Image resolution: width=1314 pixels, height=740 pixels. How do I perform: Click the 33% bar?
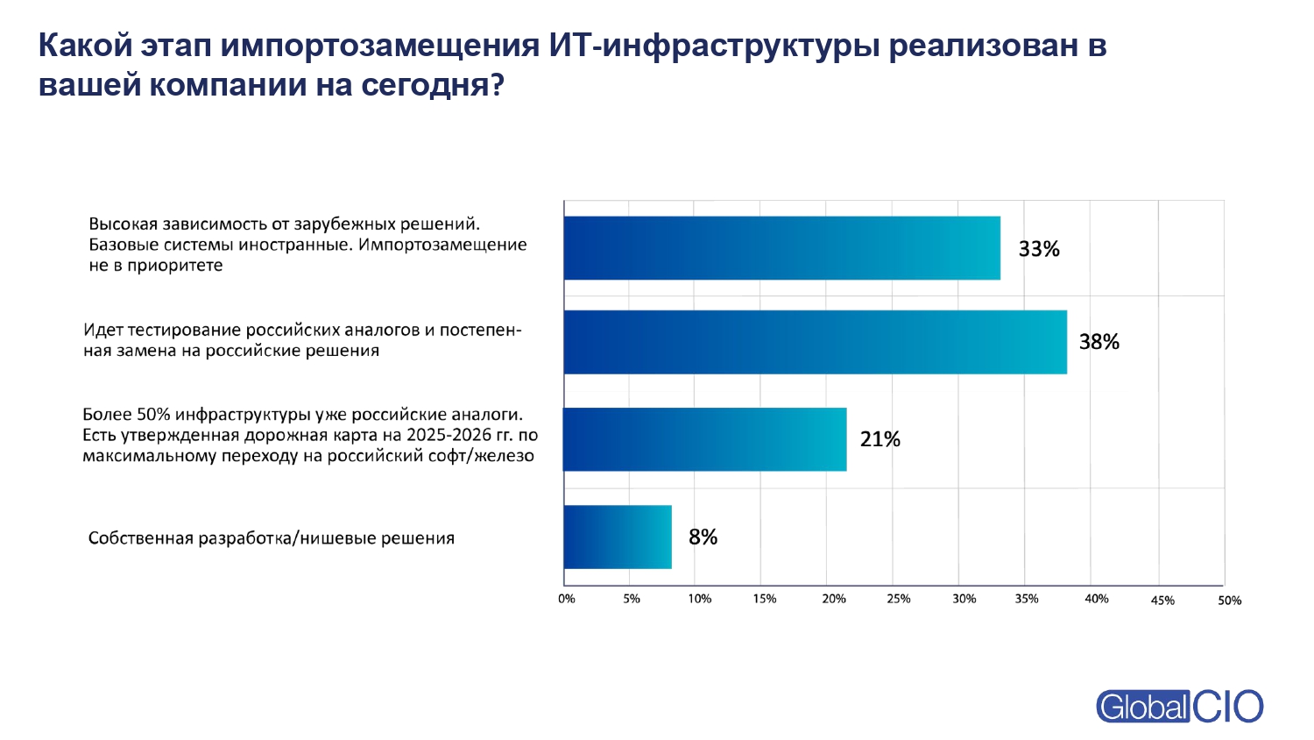click(x=781, y=248)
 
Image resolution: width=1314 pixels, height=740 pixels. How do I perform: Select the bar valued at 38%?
click(x=815, y=342)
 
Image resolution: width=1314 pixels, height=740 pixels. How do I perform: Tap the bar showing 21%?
click(x=704, y=439)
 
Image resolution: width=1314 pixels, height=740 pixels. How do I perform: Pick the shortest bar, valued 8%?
click(x=618, y=537)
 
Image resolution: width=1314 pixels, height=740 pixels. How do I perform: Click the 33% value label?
click(x=1039, y=249)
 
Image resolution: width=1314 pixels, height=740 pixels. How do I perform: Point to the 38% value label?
click(x=1099, y=342)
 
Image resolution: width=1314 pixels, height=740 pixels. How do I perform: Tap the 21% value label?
click(x=880, y=439)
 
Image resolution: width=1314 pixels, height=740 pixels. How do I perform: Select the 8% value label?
click(x=703, y=537)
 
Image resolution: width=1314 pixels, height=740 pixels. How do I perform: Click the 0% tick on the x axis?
click(x=567, y=599)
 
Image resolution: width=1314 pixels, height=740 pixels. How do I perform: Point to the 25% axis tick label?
click(x=898, y=599)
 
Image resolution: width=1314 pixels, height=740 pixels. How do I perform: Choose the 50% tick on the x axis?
click(x=1229, y=601)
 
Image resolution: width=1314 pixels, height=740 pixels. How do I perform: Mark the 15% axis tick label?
click(x=765, y=599)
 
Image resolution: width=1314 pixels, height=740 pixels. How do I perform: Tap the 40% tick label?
click(x=1097, y=599)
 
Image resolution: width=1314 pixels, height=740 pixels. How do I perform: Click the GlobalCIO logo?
click(x=1179, y=707)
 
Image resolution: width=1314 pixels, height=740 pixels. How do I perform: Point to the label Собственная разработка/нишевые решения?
click(x=272, y=538)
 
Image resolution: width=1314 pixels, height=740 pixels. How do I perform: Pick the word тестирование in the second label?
click(x=184, y=331)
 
